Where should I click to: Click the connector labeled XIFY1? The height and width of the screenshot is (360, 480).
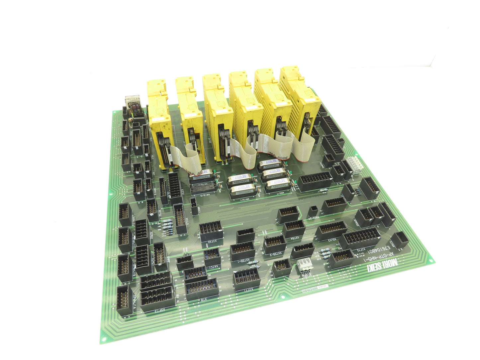[x=246, y=278]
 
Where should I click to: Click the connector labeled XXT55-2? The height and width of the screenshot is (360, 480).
[x=275, y=244]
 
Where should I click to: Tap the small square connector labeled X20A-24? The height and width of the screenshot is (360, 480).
[x=313, y=211]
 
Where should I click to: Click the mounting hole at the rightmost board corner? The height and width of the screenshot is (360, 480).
[x=432, y=261]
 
